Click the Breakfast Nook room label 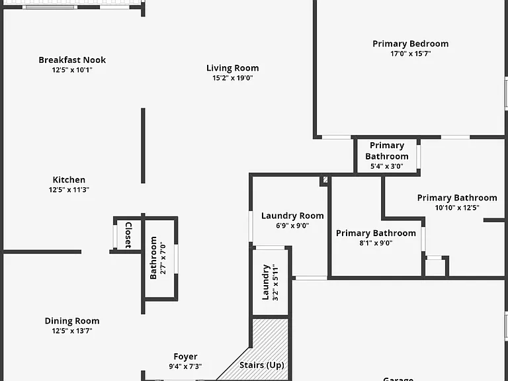[72, 60]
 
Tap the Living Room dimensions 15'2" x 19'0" [233, 78]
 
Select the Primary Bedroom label [411, 44]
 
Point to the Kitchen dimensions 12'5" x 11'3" [69, 190]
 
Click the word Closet [128, 235]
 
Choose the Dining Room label [72, 321]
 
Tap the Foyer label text [185, 357]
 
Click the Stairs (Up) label [262, 365]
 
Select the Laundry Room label [292, 216]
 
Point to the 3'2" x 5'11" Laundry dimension [275, 282]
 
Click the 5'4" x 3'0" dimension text [387, 166]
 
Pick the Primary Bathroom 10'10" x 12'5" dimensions [457, 208]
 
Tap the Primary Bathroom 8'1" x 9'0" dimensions [376, 243]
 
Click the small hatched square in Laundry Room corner [325, 179]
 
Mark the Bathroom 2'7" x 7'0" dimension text [163, 258]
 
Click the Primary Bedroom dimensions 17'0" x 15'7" [411, 54]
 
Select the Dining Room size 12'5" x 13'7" [72, 331]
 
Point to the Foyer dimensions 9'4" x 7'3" [185, 366]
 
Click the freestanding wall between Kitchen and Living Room [143, 146]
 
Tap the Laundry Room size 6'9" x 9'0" [292, 226]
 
